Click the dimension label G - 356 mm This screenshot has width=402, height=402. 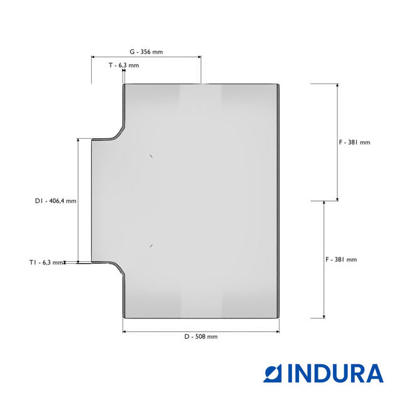tap(146, 52)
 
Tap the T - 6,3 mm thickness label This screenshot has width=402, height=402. tap(124, 65)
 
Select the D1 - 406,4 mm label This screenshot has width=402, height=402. tap(56, 201)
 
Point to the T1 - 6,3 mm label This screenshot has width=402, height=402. tap(46, 263)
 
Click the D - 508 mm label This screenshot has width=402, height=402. tap(201, 337)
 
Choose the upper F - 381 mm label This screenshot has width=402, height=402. tap(354, 143)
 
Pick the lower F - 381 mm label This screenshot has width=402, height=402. tap(341, 259)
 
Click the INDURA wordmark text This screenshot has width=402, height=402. tap(335, 373)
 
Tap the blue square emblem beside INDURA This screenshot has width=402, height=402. tap(273, 373)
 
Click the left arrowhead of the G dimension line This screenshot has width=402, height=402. tap(93, 57)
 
